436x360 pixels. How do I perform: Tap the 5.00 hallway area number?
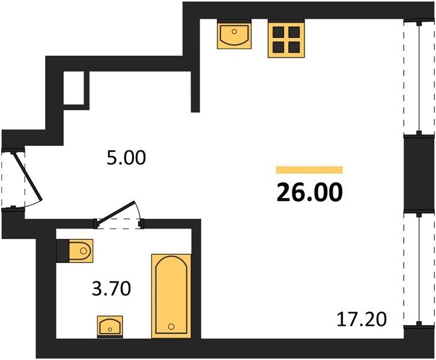126,157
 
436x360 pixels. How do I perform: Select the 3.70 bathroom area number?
111,289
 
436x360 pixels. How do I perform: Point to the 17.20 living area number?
362,319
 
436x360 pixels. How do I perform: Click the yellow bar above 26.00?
309,170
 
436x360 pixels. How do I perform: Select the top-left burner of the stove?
278,32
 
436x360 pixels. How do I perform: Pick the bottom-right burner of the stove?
294,47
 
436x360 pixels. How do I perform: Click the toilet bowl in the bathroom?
80,251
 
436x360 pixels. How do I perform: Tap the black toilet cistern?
62,251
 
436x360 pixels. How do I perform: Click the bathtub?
171,296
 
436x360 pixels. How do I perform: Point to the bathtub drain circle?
171,326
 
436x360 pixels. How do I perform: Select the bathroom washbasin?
110,326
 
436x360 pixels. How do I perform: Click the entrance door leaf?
28,176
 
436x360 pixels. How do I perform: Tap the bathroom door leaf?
117,211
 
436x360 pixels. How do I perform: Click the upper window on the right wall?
419,77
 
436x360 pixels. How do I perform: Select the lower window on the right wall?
419,269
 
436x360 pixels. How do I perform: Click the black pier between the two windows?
419,173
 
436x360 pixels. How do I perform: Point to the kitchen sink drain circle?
234,32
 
